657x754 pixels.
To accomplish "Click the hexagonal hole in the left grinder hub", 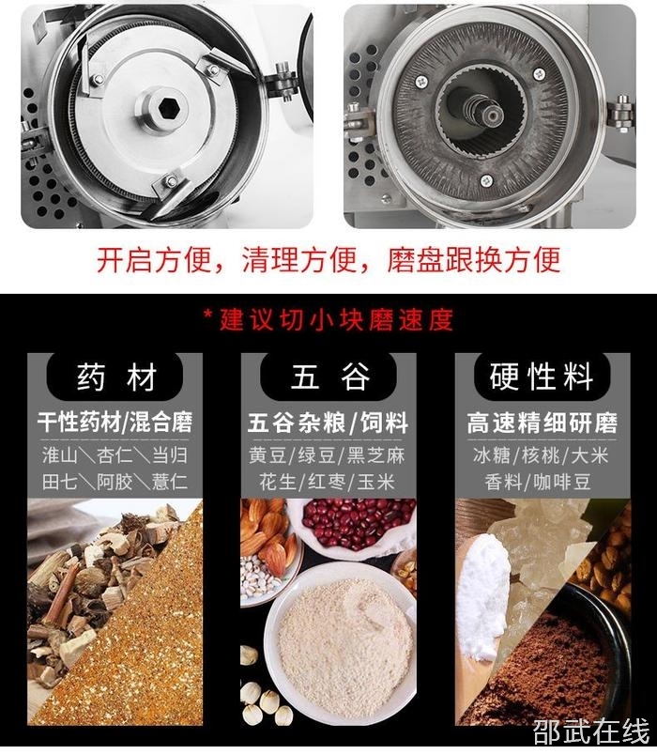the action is [x=169, y=108].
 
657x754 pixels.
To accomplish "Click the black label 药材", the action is [x=115, y=377].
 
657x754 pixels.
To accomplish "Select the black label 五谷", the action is [x=328, y=377].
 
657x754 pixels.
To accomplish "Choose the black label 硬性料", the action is [x=542, y=377].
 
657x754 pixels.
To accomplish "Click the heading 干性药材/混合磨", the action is [x=115, y=423].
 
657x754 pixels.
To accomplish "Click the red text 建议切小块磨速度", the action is [x=336, y=320].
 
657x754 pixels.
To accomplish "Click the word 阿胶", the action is [x=115, y=482].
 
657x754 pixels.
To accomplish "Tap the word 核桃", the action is [x=541, y=455].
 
